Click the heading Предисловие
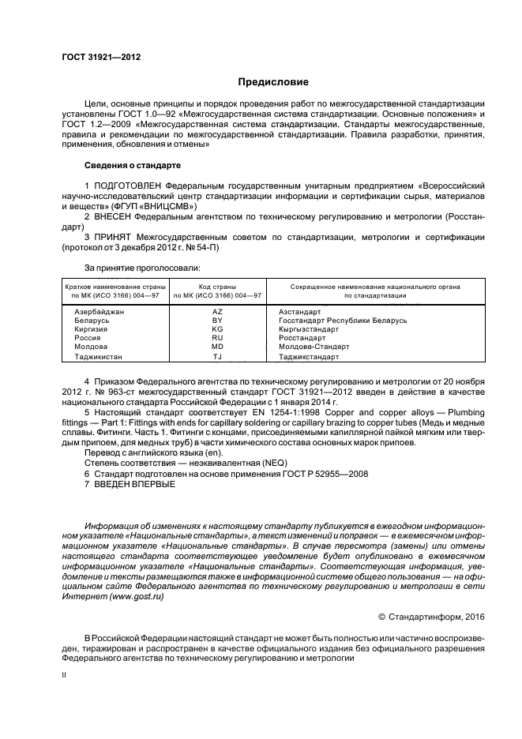point(273,82)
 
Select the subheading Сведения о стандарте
point(133,166)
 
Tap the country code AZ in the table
point(218,312)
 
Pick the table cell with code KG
point(218,329)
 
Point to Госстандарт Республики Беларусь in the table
point(343,321)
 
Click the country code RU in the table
point(218,338)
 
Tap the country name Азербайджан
point(100,312)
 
